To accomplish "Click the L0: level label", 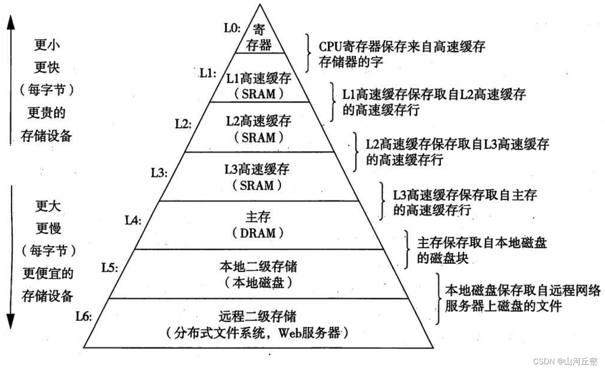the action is tap(232, 28).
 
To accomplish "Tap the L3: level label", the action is tap(159, 173).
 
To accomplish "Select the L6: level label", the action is tap(84, 316).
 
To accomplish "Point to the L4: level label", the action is tap(133, 220).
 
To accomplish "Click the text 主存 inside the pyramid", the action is tap(258, 217).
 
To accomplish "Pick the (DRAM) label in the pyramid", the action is tap(258, 233).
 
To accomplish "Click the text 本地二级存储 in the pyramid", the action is tap(258, 267).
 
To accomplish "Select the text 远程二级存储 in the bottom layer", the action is tap(258, 316).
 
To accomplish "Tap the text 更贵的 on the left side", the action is tap(47, 113).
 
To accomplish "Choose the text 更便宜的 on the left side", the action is tap(48, 273).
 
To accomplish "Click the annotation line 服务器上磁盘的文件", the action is tap(503, 307).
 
